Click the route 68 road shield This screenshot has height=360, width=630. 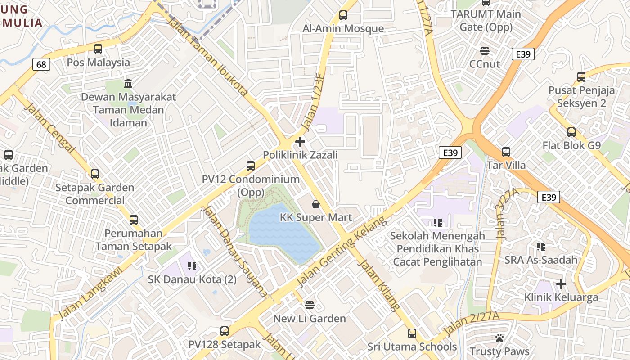point(41,65)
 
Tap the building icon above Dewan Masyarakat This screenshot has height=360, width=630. point(128,84)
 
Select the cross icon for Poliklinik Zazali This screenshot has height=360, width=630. point(300,142)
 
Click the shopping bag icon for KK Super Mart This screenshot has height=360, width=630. point(316,205)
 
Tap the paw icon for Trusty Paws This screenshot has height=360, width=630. point(499,338)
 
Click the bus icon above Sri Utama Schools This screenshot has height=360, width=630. point(412,333)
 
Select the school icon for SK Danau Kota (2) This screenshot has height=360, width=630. point(192,266)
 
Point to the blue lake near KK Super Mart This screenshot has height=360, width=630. point(279,234)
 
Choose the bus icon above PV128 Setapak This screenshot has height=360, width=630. point(225,332)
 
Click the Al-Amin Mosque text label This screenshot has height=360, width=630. point(343,29)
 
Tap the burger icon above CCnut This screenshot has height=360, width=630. point(485,50)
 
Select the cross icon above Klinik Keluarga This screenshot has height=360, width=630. point(561,284)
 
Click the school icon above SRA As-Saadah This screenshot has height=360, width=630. point(541,246)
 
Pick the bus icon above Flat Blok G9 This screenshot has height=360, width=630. point(571,132)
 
